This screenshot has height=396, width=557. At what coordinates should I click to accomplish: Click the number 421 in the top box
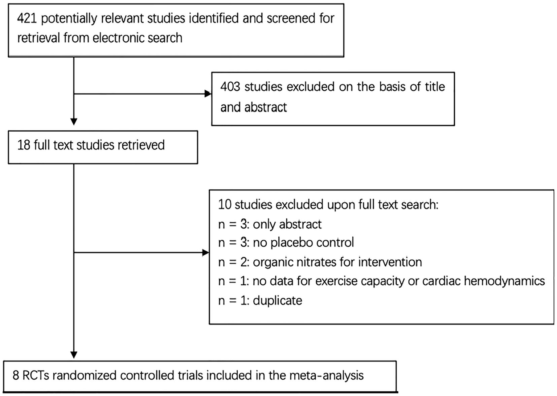tap(27, 18)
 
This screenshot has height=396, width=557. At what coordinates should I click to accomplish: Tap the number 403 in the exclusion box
tap(230, 87)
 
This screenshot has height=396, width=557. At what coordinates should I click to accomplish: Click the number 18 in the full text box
tap(24, 145)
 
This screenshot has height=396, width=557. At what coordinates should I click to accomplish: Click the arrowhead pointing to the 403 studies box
tap(208, 94)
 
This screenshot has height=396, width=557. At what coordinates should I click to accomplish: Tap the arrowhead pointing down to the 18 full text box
tap(74, 121)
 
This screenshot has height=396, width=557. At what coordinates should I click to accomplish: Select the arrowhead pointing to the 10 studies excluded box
tap(205, 252)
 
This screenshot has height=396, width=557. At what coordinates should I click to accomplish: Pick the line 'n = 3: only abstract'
tap(270, 224)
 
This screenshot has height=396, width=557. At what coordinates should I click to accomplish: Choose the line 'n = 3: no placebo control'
tap(286, 243)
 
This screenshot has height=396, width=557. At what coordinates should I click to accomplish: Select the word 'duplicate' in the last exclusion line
tap(278, 301)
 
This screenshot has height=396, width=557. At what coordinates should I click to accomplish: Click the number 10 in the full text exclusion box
tap(225, 205)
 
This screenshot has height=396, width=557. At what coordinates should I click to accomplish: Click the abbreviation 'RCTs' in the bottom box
tap(36, 375)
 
